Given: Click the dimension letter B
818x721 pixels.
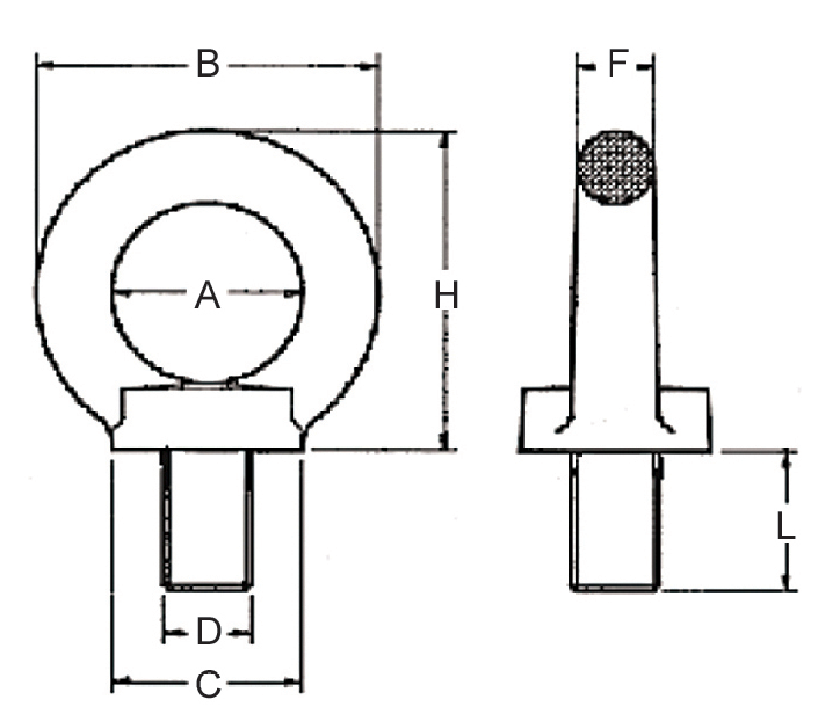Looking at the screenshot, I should (208, 65).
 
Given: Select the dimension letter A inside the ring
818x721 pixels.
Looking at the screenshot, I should (207, 296).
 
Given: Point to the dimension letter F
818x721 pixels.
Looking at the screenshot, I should (617, 64).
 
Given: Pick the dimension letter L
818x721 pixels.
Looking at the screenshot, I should (785, 527).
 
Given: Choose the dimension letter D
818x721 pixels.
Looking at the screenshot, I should (208, 632).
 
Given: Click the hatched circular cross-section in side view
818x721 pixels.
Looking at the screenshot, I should (616, 168).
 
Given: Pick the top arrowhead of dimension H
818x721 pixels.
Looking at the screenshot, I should (445, 140).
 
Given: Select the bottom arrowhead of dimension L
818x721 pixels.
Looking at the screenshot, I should (787, 583).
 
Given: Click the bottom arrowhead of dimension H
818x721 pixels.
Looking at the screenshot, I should (445, 442).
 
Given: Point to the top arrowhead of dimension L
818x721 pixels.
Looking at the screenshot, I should (787, 460).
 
